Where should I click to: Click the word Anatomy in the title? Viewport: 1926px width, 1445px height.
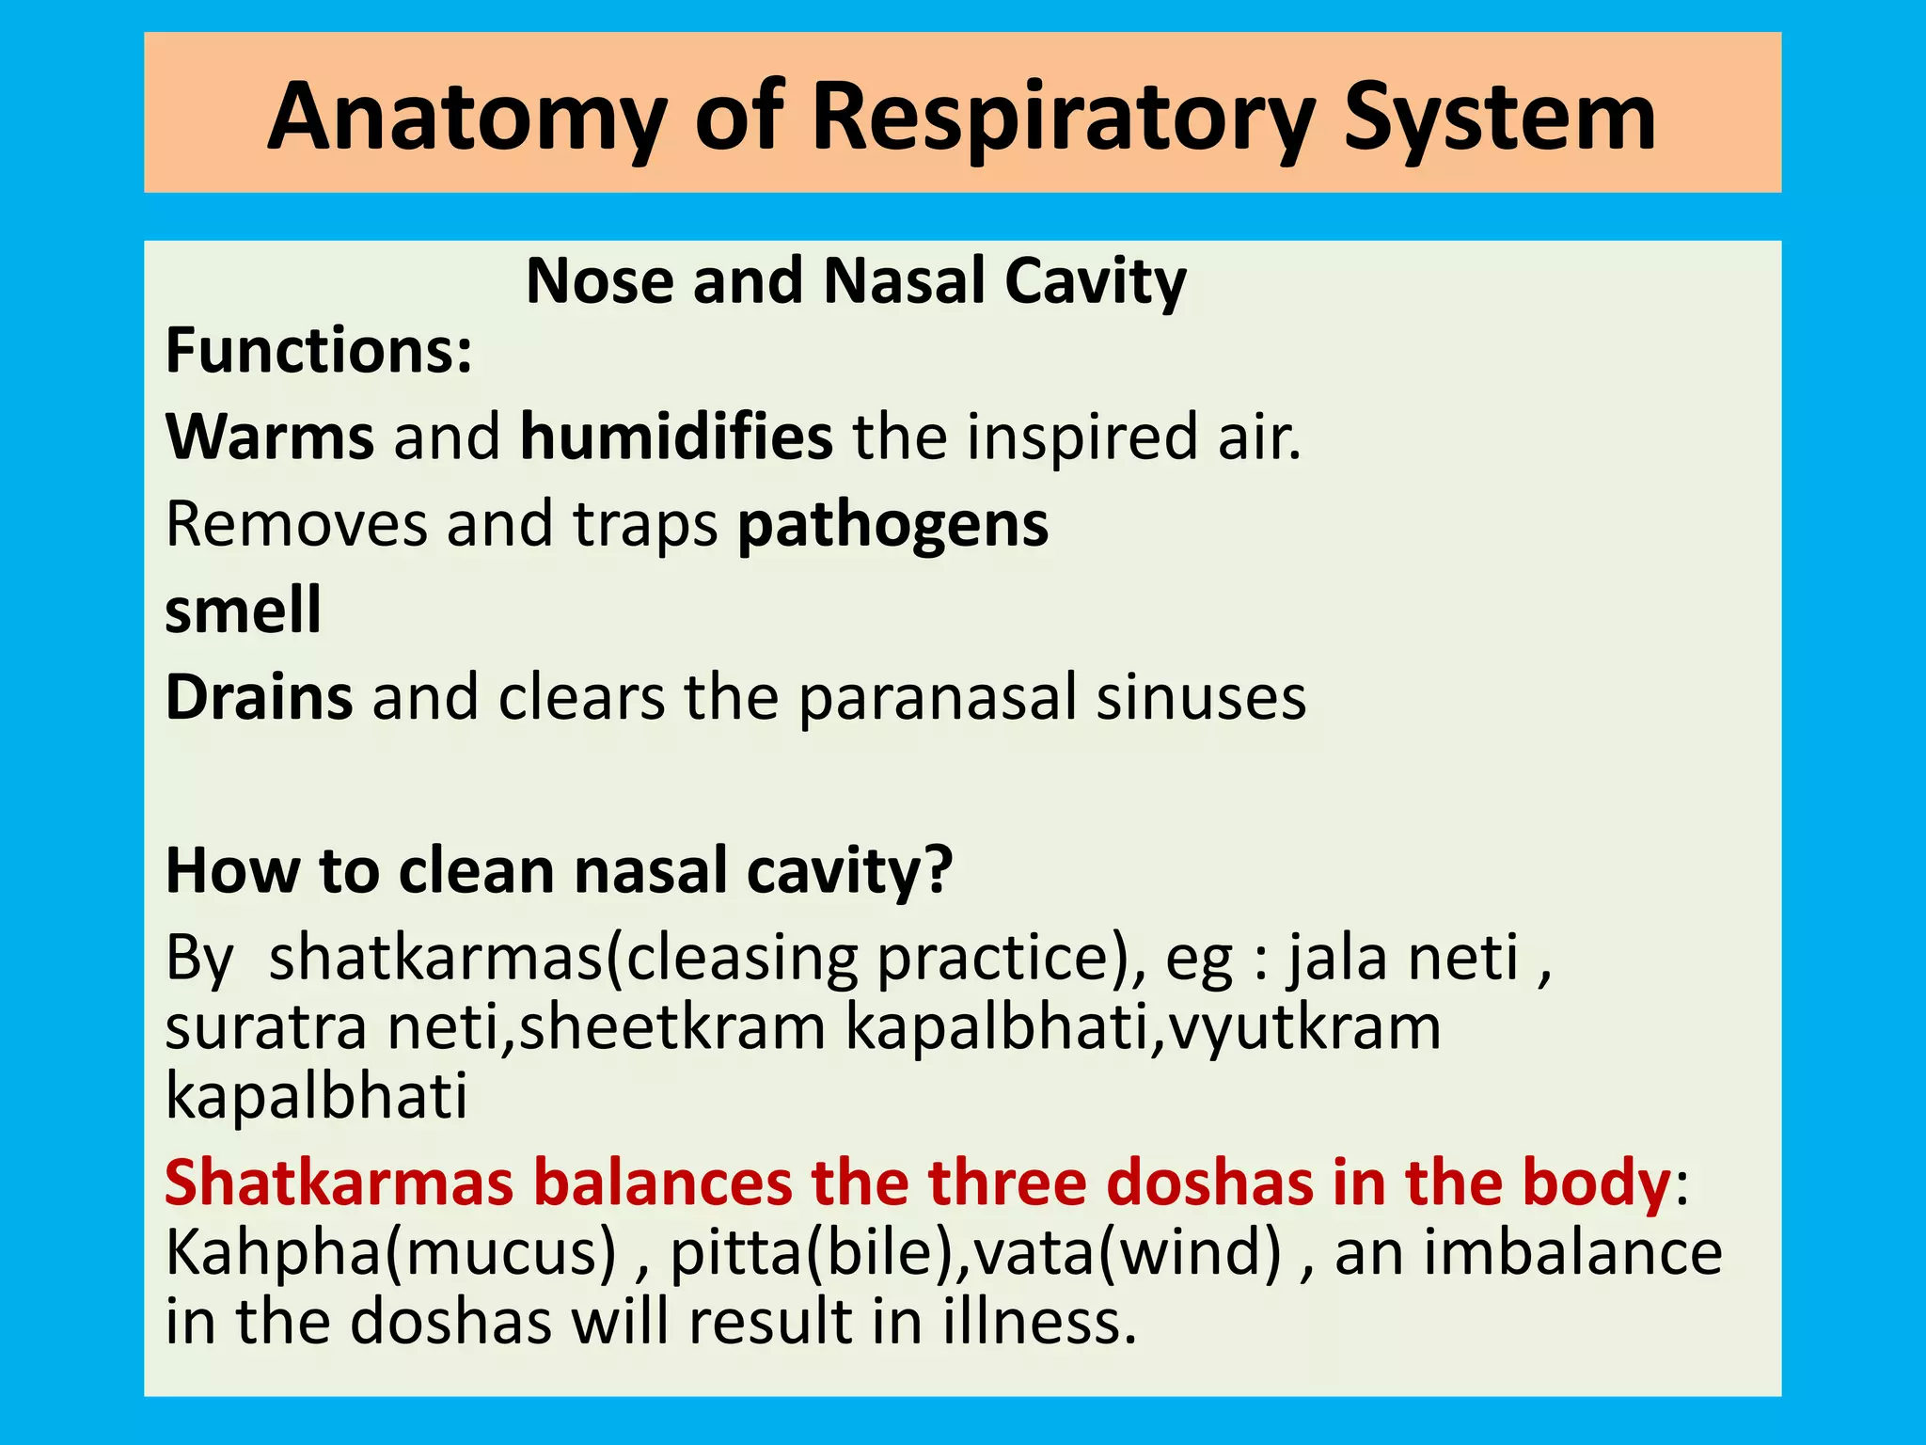coord(466,118)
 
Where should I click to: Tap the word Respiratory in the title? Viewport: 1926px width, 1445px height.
coord(1063,118)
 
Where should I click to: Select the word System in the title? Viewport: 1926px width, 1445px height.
coord(1499,118)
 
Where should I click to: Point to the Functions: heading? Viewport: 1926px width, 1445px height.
coord(319,350)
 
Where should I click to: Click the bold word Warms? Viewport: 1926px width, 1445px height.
coord(270,437)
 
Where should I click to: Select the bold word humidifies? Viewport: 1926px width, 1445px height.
coord(676,437)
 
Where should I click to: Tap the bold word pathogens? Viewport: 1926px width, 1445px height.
coord(892,525)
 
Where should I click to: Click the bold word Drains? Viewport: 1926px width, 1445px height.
coord(260,697)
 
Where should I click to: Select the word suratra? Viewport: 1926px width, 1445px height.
coord(266,1027)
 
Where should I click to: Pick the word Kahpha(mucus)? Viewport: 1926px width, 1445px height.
coord(391,1253)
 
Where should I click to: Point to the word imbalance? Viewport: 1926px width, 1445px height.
coord(1572,1253)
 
